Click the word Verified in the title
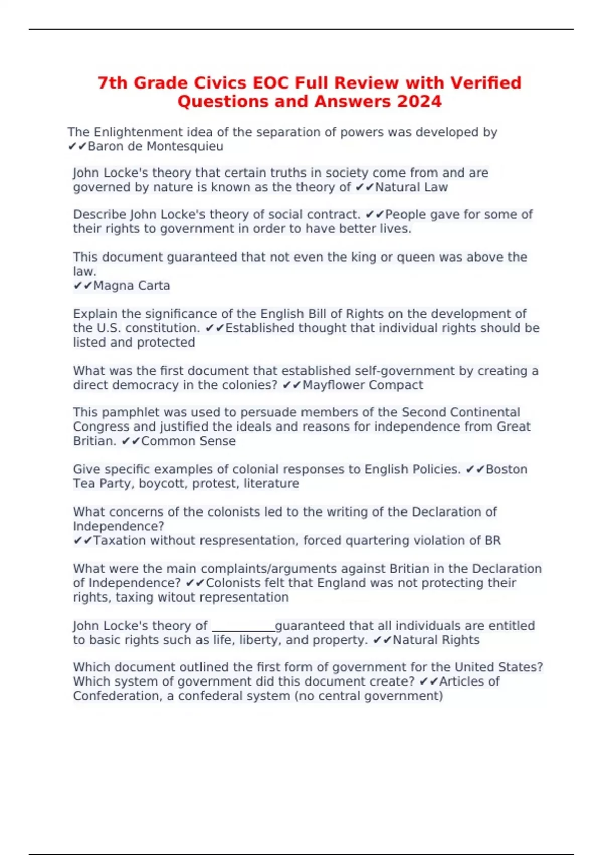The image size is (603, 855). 485,83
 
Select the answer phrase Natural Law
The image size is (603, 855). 411,188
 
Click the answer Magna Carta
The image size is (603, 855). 132,286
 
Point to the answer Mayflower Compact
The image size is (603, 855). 362,385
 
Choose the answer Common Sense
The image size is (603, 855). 188,441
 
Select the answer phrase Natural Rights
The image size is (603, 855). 436,640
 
